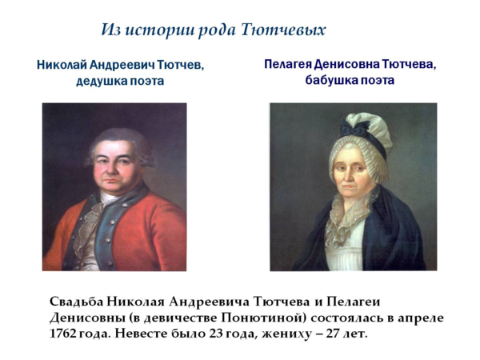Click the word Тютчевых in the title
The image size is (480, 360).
tap(283, 30)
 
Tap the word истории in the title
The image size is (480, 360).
tap(160, 30)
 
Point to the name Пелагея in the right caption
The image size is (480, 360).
tap(288, 64)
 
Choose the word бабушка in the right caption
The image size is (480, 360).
tap(330, 80)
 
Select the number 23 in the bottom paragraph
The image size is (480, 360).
tap(216, 334)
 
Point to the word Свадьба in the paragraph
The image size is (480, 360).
tap(76, 302)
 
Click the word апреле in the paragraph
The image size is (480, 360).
tap(420, 318)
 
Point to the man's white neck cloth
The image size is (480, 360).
tap(110, 198)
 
